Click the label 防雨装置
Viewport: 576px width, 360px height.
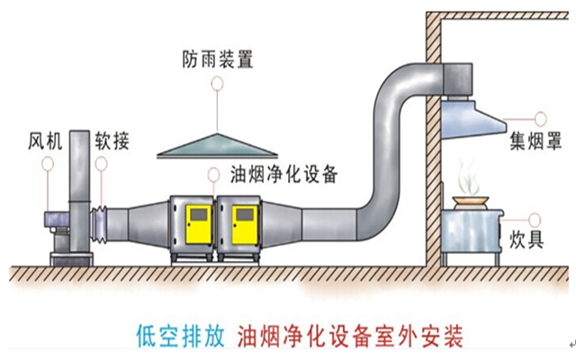coord(217,60)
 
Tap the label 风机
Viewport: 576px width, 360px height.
coord(44,142)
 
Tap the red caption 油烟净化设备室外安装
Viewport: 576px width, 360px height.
coord(351,337)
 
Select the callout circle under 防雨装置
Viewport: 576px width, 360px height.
coord(216,84)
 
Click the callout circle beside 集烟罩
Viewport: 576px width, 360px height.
coord(540,116)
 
